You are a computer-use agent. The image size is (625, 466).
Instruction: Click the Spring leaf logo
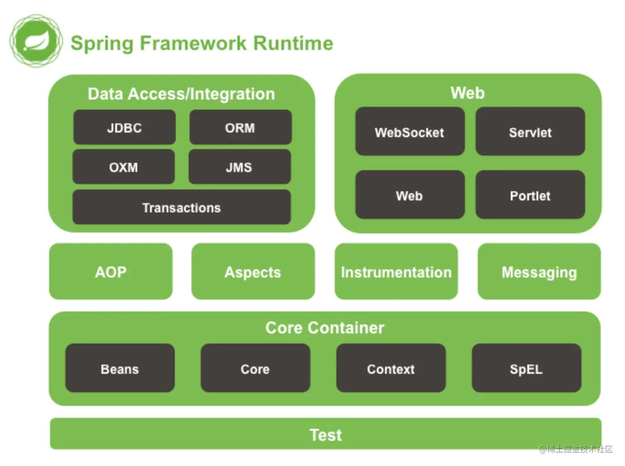coord(36,41)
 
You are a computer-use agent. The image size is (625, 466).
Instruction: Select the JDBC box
coord(124,128)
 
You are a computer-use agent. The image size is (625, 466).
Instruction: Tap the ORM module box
coord(240,128)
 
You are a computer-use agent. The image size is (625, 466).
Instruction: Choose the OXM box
coord(123,167)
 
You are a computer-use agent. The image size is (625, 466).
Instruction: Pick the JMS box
coord(240,167)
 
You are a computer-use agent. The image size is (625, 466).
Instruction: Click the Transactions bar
coord(182,207)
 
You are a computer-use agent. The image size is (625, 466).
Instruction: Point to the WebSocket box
coord(410,132)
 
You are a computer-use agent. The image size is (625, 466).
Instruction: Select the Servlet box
coord(530,132)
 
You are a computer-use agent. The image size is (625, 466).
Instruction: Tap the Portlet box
coord(530,195)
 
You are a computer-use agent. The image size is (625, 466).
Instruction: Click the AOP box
coord(111,272)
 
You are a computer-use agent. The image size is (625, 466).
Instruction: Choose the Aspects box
coord(253,272)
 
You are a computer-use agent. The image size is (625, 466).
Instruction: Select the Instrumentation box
coord(396,272)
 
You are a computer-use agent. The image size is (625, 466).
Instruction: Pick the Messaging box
coord(539,272)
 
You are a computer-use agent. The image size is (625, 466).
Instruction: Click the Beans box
coord(120,368)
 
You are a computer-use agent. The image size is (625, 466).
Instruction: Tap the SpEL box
coord(526,368)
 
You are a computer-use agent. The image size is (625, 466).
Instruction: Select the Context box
coord(391,368)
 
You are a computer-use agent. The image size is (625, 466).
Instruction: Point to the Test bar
coord(325,434)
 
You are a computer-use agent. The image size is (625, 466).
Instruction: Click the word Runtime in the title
coord(293,43)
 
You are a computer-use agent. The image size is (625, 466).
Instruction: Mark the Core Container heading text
coord(325,327)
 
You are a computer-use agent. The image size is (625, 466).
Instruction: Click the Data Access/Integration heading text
coord(181,94)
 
